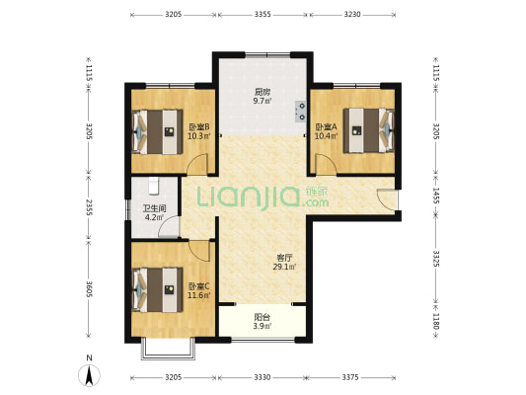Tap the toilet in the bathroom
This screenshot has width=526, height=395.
point(154,186)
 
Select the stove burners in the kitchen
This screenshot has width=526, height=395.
point(300,111)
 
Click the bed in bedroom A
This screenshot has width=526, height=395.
point(369,130)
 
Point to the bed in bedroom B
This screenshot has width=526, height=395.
point(158,131)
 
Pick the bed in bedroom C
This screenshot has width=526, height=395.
point(158,289)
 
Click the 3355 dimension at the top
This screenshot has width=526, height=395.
point(263,14)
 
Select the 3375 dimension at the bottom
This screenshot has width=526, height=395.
point(350,377)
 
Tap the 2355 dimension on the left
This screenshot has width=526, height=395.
point(89,207)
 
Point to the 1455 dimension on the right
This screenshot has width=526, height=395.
point(436,196)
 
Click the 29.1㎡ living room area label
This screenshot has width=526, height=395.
point(284,268)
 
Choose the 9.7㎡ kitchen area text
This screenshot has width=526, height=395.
point(263,101)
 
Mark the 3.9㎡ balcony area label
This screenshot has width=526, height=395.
point(263,326)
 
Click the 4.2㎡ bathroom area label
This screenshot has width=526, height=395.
point(154,217)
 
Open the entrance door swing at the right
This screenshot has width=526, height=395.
point(386,200)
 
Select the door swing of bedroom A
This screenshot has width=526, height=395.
point(326,164)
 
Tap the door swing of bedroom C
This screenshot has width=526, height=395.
point(199,251)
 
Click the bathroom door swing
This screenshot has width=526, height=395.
point(169,227)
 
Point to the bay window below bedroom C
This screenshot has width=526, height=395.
point(168,349)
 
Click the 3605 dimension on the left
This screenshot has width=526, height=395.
point(89,289)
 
